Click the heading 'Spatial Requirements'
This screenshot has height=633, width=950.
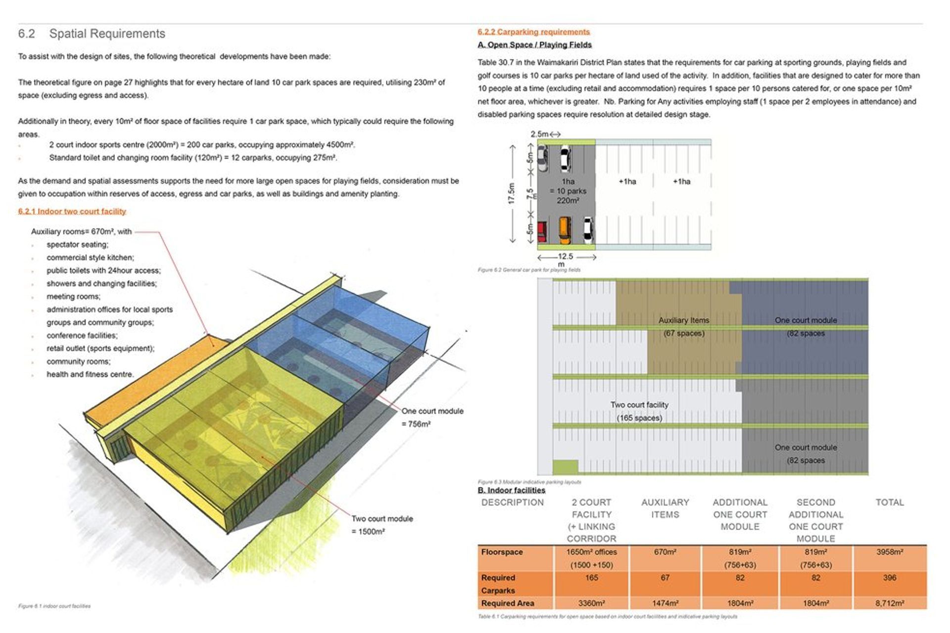tap(107, 34)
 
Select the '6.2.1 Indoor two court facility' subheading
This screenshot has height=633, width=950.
tap(72, 211)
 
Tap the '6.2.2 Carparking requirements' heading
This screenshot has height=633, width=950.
tap(533, 32)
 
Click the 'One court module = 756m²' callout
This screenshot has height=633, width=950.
tap(432, 417)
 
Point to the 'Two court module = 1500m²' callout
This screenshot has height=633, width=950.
tap(382, 525)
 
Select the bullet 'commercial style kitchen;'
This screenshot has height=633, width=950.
tap(90, 257)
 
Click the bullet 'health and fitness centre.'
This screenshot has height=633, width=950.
tap(90, 374)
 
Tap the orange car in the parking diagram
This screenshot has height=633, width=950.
tap(565, 230)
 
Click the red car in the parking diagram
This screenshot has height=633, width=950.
tap(542, 231)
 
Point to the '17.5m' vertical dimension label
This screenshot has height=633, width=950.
tap(512, 193)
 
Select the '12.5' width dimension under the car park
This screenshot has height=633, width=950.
tap(565, 257)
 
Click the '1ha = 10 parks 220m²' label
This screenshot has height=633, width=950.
tap(568, 191)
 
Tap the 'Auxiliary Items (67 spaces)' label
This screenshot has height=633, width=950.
tap(684, 326)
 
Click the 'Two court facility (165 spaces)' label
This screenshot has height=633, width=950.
tap(639, 411)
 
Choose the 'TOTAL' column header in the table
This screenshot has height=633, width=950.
tap(889, 502)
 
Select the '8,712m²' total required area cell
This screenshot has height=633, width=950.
tap(889, 603)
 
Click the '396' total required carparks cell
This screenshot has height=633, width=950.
tap(889, 578)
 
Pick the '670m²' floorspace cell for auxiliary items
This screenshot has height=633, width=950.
tap(665, 552)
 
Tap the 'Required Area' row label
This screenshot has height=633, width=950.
tap(508, 603)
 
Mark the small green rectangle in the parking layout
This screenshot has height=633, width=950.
tap(565, 466)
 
